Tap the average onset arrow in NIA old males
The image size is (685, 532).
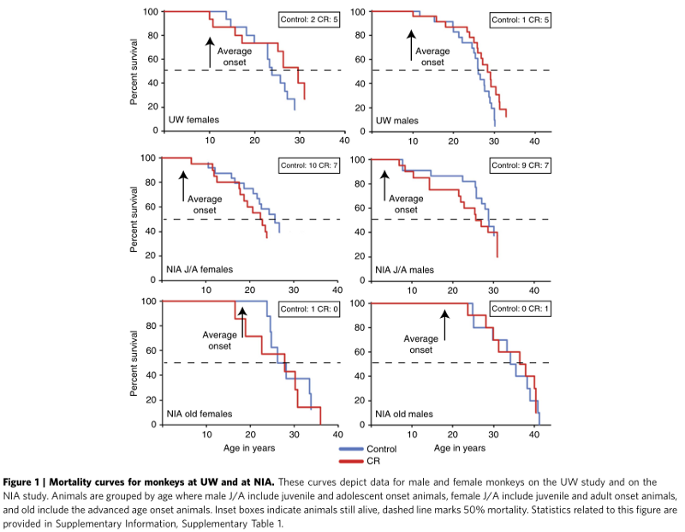point(444,323)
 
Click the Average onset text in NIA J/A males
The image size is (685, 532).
point(407,203)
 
